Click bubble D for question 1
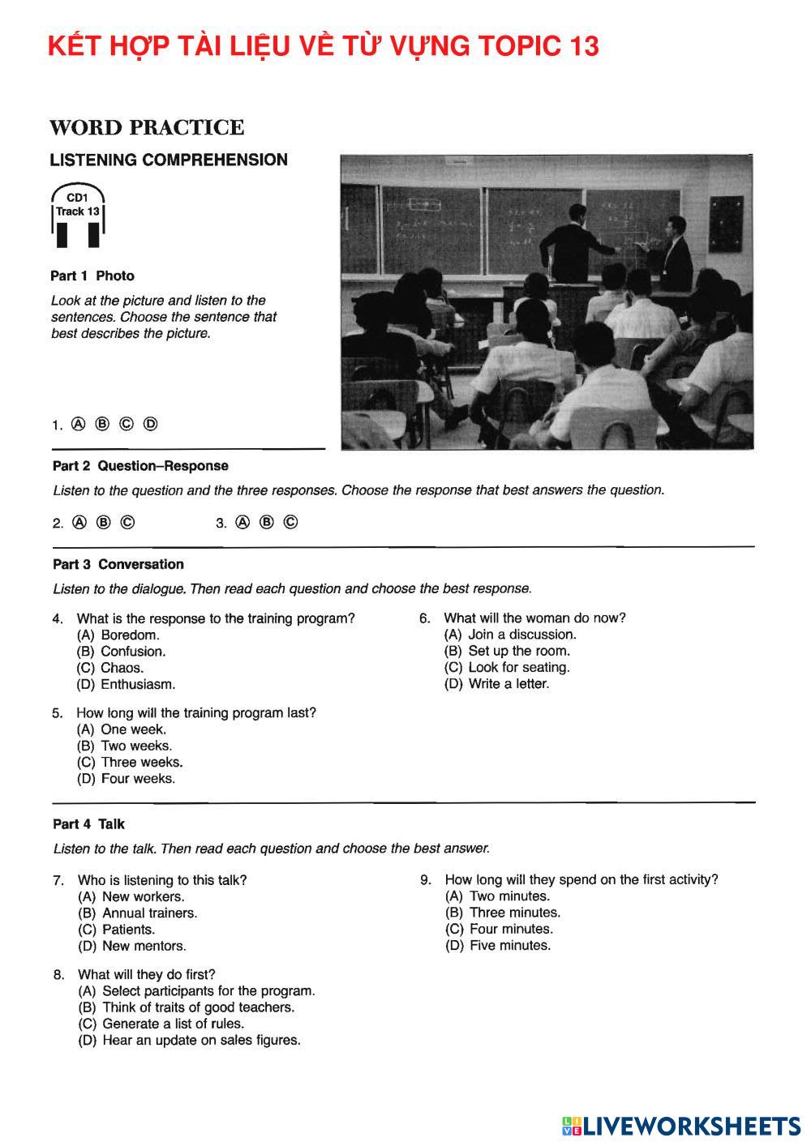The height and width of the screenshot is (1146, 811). (150, 424)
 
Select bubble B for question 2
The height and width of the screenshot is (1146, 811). (103, 523)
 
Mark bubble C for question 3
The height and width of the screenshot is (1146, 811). (291, 523)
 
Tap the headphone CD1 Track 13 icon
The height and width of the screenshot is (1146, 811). (78, 215)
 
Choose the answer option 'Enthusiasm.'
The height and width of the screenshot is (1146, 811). (137, 684)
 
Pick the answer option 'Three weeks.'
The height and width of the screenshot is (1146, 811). (141, 762)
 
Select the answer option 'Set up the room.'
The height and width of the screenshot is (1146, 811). (518, 651)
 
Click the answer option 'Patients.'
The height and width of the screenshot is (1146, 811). (127, 930)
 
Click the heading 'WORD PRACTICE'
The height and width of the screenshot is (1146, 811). (147, 128)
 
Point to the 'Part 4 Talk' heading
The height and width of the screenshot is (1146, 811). (88, 824)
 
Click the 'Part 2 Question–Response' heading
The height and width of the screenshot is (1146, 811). (140, 466)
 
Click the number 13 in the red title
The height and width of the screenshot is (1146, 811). (581, 46)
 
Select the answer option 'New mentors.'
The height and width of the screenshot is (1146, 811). (144, 946)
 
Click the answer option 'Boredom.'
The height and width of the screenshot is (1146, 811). (129, 635)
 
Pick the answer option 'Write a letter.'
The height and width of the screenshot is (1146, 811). (508, 684)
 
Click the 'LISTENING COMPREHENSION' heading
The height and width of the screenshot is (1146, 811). (169, 160)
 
